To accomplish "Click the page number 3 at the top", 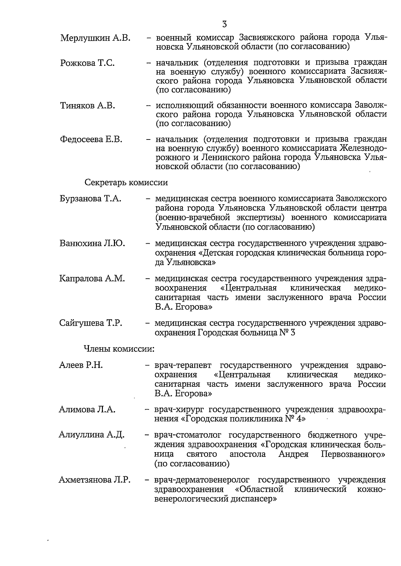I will [224, 24].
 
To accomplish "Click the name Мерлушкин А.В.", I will [95, 38].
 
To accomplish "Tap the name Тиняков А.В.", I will [87, 106].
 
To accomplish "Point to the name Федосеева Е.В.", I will [91, 139].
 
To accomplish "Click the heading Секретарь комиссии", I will [126, 183].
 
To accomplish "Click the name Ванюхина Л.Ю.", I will [92, 243].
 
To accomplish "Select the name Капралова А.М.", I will [92, 279].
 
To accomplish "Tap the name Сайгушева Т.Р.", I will [91, 323].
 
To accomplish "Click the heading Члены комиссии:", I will [119, 349].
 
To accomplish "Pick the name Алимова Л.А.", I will [87, 409].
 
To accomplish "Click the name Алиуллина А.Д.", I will [91, 435].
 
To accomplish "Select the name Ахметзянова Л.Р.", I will [94, 480].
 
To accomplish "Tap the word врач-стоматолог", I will [187, 436].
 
